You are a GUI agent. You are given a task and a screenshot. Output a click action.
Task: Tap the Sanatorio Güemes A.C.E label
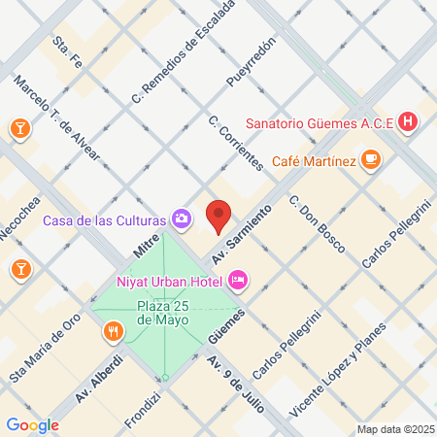click(x=318, y=123)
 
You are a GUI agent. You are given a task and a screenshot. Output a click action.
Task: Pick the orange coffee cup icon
click(x=370, y=159)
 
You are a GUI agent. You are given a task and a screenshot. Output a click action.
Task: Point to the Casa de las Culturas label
click(x=104, y=218)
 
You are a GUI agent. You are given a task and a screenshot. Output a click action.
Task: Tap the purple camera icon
click(x=181, y=218)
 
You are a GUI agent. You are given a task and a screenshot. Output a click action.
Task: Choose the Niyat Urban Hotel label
click(x=165, y=283)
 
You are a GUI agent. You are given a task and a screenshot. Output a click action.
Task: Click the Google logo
click(x=32, y=424)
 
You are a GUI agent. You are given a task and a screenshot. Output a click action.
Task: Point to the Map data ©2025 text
click(x=394, y=429)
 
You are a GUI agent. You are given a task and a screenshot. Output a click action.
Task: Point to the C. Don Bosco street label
click(x=318, y=222)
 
